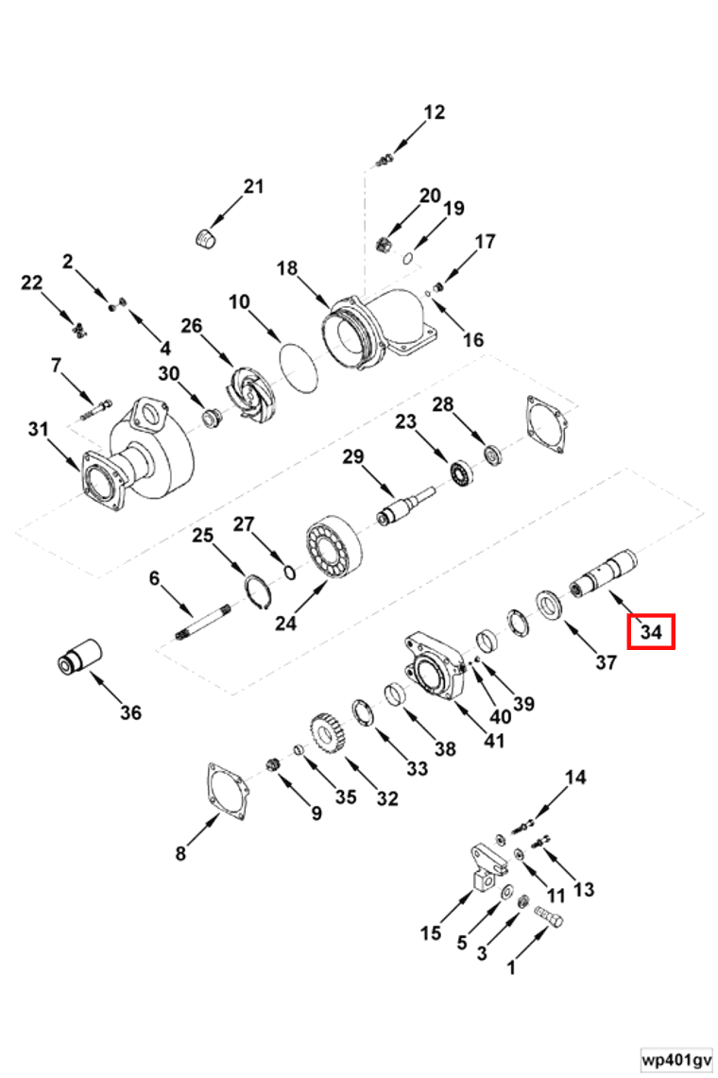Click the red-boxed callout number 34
(650, 631)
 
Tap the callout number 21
(253, 186)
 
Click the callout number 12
(434, 112)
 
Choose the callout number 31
(38, 430)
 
